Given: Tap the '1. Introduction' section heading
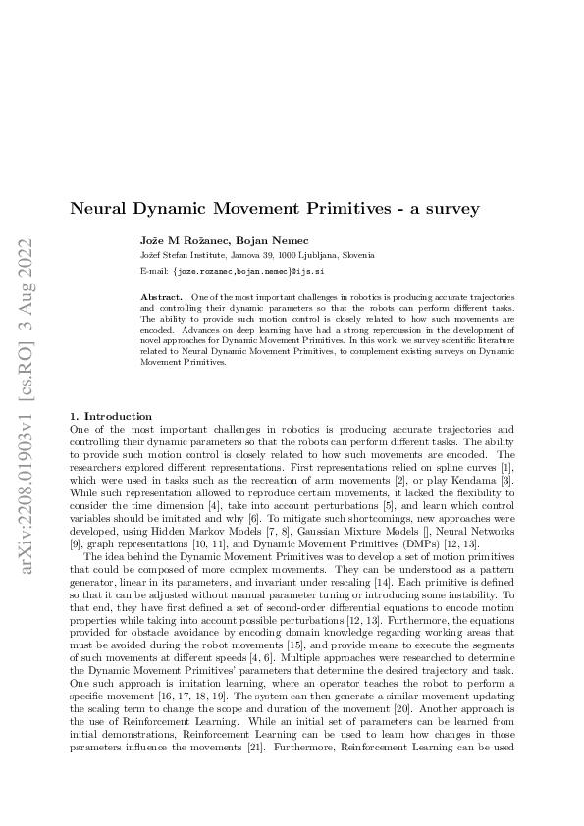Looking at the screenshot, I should (x=112, y=416).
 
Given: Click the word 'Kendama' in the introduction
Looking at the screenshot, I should (x=469, y=477).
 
